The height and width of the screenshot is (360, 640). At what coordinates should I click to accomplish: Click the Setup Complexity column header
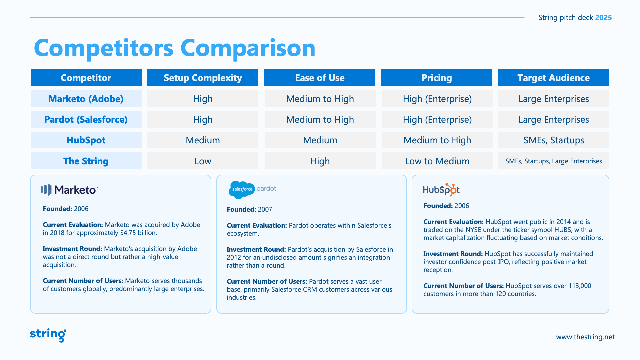click(x=203, y=78)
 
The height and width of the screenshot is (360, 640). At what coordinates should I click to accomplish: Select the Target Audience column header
click(x=553, y=78)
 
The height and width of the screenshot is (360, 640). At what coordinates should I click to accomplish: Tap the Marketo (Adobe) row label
click(x=86, y=99)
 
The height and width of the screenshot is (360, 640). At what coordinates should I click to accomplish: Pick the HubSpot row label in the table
click(x=86, y=140)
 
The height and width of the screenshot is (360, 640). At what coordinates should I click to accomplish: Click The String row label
click(x=86, y=161)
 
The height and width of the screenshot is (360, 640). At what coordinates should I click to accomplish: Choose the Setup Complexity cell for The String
click(x=203, y=161)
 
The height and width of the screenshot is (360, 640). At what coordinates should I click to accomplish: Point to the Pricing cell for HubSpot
click(x=437, y=140)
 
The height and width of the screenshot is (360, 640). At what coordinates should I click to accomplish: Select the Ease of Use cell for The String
click(x=320, y=161)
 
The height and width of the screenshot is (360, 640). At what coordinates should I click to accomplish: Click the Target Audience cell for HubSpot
click(x=553, y=140)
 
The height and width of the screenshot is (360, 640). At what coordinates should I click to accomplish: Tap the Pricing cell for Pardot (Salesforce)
click(x=437, y=119)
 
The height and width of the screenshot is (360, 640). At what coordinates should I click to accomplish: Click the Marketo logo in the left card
click(x=69, y=190)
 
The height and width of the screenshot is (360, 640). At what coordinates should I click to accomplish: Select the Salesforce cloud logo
click(x=242, y=190)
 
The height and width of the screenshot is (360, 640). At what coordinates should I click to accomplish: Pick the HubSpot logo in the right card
click(x=441, y=190)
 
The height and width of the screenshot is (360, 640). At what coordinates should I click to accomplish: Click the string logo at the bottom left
click(x=48, y=335)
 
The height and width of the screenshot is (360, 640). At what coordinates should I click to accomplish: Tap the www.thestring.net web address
click(x=585, y=337)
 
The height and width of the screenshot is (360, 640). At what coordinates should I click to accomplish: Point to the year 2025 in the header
click(x=603, y=18)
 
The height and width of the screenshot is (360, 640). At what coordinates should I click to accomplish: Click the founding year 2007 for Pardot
click(x=265, y=209)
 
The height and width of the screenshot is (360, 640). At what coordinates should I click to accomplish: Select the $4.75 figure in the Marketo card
click(x=128, y=233)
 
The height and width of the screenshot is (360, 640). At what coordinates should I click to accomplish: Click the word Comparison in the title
click(x=248, y=48)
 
